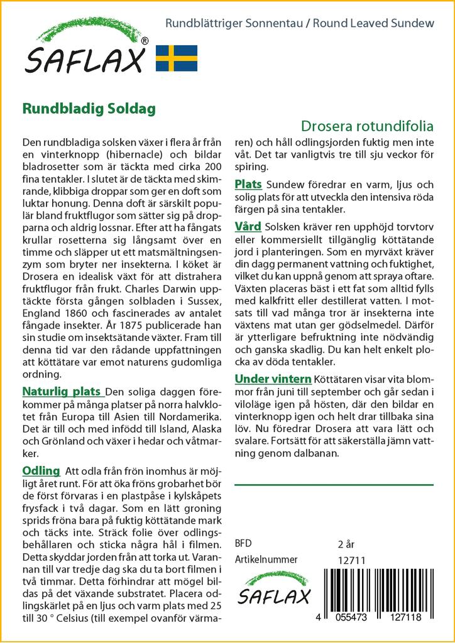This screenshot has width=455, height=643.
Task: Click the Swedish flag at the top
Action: [x=177, y=58]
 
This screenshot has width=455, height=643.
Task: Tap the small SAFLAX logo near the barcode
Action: [x=273, y=590]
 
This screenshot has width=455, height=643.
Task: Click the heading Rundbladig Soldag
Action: [x=89, y=107]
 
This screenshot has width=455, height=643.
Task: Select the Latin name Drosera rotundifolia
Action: [x=367, y=124]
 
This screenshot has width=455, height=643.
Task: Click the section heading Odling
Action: [x=41, y=471]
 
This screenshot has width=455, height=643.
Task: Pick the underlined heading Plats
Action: [x=249, y=185]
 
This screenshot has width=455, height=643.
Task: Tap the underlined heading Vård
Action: [x=248, y=226]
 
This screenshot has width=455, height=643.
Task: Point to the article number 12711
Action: [x=351, y=560]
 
